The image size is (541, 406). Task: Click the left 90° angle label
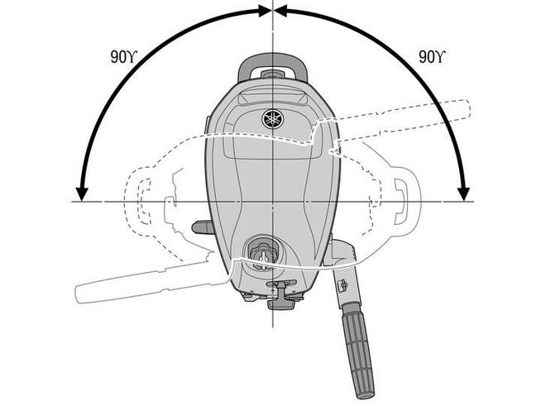coord(123,57)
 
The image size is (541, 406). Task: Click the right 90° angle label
coord(432,57)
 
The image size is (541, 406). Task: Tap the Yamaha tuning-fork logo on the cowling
coord(272,119)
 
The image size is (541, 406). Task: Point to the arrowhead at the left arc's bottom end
coord(82,194)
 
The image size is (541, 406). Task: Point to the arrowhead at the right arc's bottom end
coord(464,194)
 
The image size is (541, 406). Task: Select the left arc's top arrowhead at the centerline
coord(265,11)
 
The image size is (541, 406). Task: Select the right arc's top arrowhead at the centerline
coord(280,11)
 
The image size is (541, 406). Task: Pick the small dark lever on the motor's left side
coord(203,227)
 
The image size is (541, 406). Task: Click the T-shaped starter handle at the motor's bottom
coord(281,294)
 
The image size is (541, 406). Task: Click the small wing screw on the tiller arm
coord(343,284)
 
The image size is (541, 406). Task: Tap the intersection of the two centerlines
coord(273,201)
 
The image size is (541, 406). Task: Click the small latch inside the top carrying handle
coord(272,74)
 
